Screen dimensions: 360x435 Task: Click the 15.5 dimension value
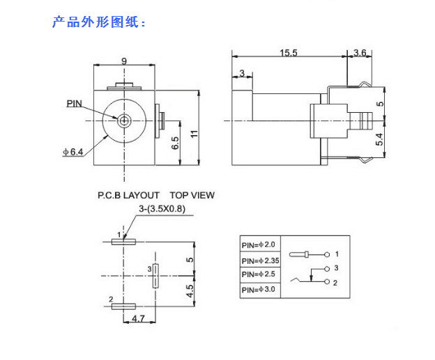coord(289,52)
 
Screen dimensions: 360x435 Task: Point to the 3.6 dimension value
coord(360,52)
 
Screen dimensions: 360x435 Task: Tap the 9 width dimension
coord(124,61)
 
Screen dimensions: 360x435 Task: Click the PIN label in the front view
coord(75,103)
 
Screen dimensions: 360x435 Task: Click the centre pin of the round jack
coord(124,120)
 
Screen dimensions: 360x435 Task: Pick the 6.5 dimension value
coord(176,143)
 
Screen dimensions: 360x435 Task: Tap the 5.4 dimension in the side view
coord(379,139)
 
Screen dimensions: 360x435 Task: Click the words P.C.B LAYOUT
coord(128,195)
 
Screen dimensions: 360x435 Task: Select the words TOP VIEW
coord(192,195)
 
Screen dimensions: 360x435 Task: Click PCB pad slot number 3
coord(156,275)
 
